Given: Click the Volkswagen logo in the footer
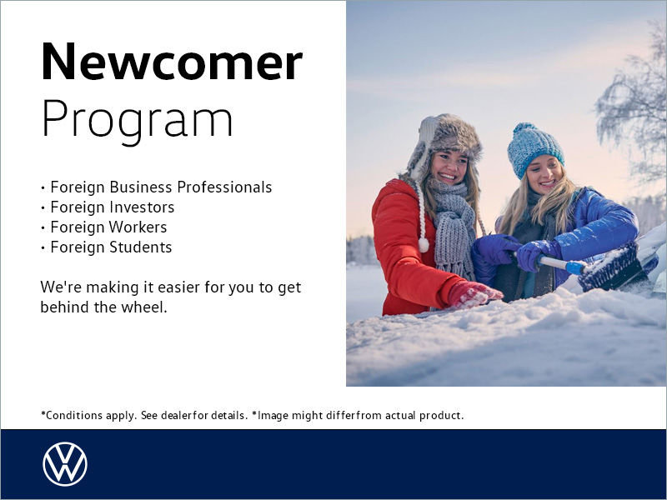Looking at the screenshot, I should tap(65, 464).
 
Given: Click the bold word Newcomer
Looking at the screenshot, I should tap(171, 62).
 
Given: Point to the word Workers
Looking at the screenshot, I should tap(138, 227).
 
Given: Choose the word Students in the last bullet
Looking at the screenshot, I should tap(141, 247).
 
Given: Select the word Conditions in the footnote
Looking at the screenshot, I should tap(68, 415).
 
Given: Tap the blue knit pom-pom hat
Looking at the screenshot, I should tap(534, 147).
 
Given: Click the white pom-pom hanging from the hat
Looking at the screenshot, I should tap(424, 244).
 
